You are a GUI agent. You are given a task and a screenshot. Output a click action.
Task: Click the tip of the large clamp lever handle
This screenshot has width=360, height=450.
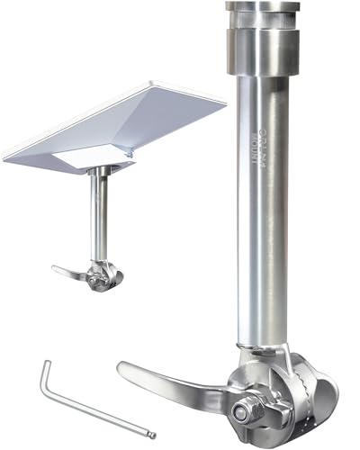(x=124, y=368)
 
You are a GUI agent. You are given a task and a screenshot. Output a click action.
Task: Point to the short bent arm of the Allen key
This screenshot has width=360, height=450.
(x=48, y=377)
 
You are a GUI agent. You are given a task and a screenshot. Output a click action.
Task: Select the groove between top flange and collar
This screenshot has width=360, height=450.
(x=262, y=28)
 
